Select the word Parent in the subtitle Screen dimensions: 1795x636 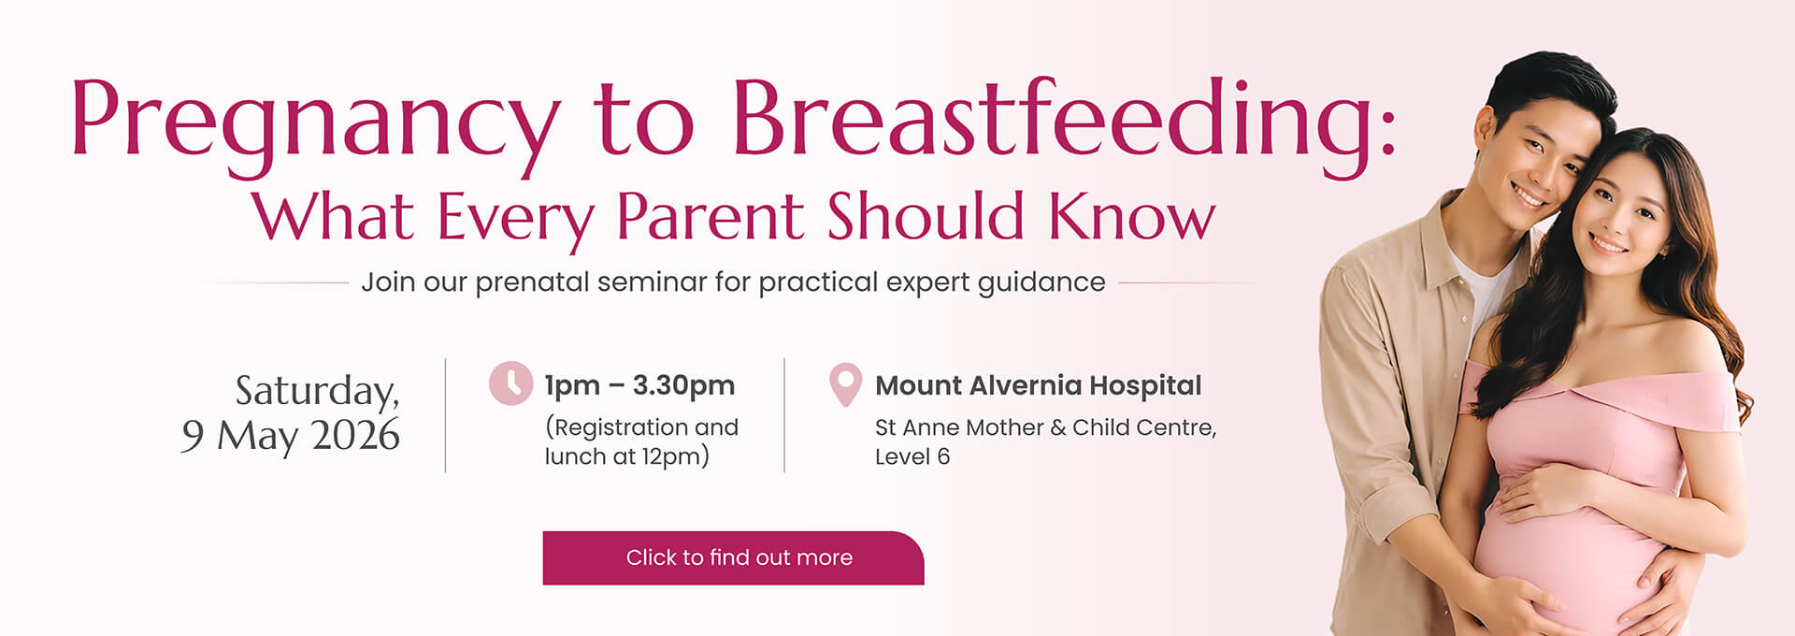710,217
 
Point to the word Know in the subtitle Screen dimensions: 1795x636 1131,217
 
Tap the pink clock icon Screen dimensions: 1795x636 510,383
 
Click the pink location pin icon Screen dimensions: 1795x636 845,384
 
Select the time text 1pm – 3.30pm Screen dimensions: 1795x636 639,385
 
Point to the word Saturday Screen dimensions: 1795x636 317,391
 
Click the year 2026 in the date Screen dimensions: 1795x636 355,436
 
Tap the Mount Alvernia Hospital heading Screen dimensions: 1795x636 1038,385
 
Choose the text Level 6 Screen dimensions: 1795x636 912,456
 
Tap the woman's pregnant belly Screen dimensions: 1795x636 1571,552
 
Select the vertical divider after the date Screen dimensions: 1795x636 445,415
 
